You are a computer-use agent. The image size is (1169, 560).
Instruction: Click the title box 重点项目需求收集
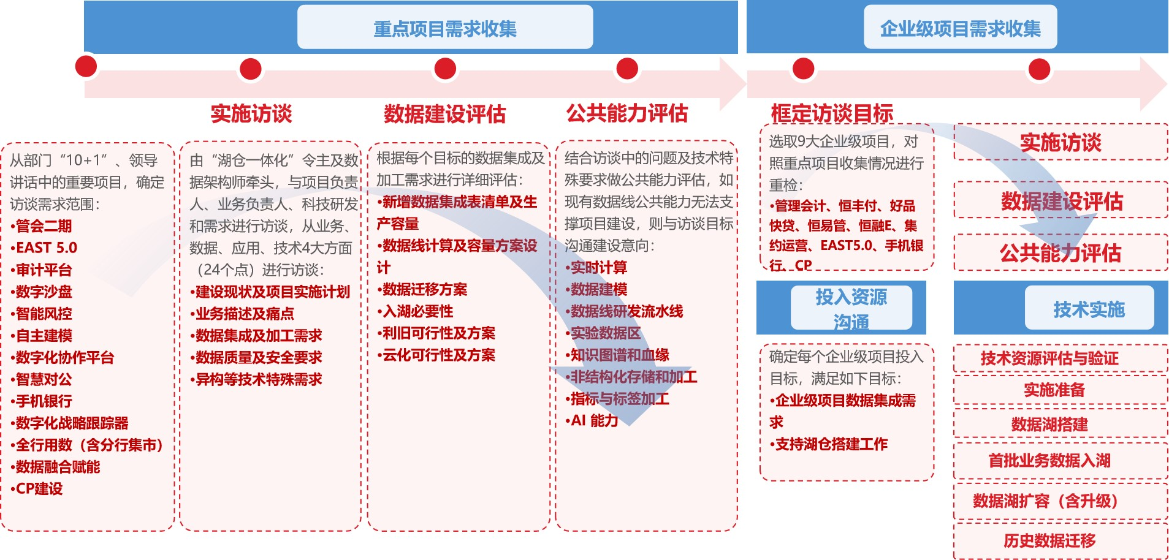[x=445, y=27]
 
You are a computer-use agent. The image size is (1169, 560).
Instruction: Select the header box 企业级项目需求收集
[x=960, y=27]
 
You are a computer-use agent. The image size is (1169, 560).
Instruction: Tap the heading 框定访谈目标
[x=832, y=113]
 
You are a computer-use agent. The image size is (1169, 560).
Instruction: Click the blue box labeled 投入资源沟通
[x=851, y=308]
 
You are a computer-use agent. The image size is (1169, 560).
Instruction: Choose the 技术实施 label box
[x=1089, y=309]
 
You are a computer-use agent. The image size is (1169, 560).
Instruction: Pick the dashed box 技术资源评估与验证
[x=1060, y=358]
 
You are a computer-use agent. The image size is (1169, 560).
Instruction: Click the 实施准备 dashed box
[x=1060, y=390]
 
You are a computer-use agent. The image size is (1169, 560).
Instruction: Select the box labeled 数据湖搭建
[x=1060, y=424]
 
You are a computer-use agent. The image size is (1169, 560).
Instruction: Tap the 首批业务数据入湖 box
[x=1060, y=461]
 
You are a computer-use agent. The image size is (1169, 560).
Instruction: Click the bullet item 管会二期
[x=41, y=226]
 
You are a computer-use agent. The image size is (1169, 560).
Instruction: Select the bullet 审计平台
[x=41, y=270]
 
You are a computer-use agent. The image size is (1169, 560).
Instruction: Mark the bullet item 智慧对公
[x=41, y=379]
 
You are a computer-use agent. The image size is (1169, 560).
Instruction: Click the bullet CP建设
[x=37, y=489]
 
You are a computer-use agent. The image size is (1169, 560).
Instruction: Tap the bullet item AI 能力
[x=592, y=420]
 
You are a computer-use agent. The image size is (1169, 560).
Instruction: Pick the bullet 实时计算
[x=596, y=267]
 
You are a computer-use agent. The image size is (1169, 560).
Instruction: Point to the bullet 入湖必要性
[x=415, y=311]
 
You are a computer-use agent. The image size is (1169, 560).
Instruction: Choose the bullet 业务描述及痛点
[x=242, y=314]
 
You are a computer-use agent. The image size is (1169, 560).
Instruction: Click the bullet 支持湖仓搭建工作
[x=828, y=444]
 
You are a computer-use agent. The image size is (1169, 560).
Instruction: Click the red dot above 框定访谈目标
[x=803, y=69]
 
